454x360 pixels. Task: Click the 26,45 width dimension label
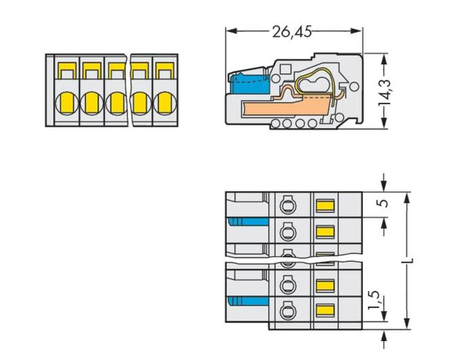[x=291, y=32]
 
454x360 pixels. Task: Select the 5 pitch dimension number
[x=384, y=203]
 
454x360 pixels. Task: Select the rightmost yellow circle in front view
[x=164, y=103]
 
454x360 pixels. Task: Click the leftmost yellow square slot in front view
[x=67, y=70]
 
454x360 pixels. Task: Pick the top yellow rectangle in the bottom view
[x=325, y=206]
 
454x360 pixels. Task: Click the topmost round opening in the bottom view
[x=286, y=206]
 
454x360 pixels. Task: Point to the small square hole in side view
[x=286, y=69]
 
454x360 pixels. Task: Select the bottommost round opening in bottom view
[x=286, y=311]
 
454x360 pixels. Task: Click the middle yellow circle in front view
[x=117, y=103]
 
